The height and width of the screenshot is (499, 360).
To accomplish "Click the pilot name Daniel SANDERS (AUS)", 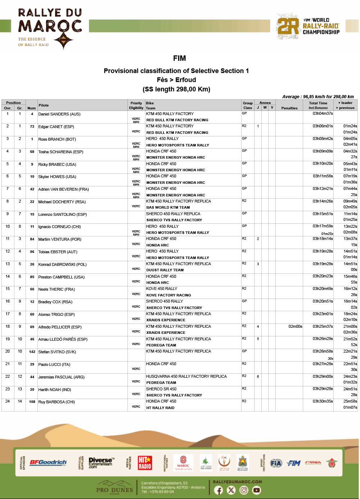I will (x=59, y=114).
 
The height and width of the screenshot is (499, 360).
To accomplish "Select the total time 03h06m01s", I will (x=323, y=126).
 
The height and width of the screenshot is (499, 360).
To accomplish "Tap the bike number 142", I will (x=32, y=352).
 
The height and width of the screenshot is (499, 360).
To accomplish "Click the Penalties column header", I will (x=289, y=108).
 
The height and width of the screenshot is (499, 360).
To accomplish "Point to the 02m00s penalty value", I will (x=295, y=327).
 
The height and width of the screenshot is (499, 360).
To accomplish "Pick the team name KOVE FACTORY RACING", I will (x=168, y=295).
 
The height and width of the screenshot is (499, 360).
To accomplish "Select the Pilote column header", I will (x=44, y=105).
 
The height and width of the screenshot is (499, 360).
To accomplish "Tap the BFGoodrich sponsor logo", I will (x=48, y=462).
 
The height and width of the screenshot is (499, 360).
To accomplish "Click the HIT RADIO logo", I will (x=145, y=463).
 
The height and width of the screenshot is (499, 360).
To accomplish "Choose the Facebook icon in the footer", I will (x=219, y=490).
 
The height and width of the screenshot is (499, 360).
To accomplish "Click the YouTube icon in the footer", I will (x=256, y=490).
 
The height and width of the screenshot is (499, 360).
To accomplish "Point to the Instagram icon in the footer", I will (x=244, y=490).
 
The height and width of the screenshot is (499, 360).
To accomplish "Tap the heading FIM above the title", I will (x=179, y=58).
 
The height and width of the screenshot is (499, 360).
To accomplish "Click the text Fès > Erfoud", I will (x=176, y=80).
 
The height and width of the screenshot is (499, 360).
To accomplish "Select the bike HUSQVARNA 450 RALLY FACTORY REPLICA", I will (x=186, y=376).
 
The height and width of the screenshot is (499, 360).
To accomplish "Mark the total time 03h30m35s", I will (x=323, y=401).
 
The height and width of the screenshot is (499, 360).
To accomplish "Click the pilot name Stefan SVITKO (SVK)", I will (x=57, y=352).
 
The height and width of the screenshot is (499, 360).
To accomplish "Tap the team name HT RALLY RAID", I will (x=160, y=408).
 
